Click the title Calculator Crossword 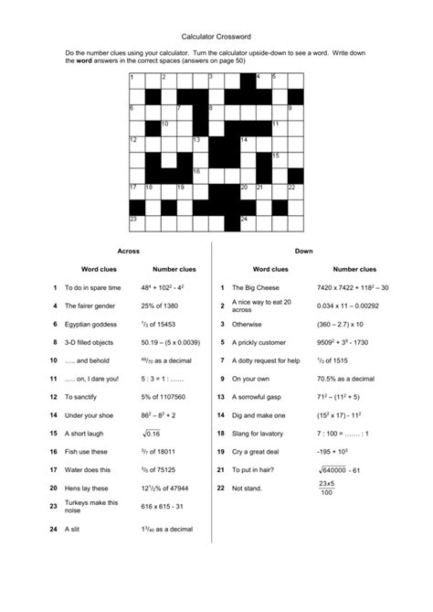[x=216, y=37]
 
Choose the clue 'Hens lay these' [x=87, y=488]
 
